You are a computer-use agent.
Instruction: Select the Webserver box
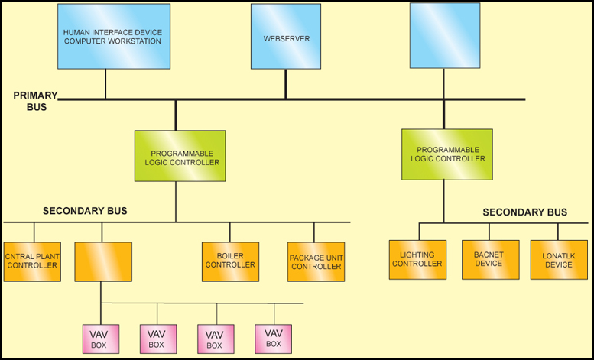coord(285,36)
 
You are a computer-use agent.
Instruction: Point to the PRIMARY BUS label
coord(35,101)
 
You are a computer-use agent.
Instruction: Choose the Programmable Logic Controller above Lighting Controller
coord(447,154)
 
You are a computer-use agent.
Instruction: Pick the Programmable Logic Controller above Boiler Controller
coord(180,156)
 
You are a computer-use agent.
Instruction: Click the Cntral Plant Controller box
coord(32,261)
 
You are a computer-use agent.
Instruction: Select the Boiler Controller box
coord(230,261)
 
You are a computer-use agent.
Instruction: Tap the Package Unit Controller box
coord(316,262)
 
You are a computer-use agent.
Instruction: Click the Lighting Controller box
coord(417,259)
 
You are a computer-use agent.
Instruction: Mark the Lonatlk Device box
coord(558,259)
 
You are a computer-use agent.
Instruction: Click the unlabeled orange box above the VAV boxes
coord(103,261)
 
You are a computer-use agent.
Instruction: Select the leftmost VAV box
coord(100,339)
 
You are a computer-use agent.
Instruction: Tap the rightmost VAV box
coord(273,339)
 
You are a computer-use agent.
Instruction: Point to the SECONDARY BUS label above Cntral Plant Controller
coord(85,210)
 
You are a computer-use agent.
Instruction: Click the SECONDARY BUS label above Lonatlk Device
coord(525,212)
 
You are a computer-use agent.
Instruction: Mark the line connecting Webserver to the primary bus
coord(286,83)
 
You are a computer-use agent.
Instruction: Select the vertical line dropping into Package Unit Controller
coord(314,232)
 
